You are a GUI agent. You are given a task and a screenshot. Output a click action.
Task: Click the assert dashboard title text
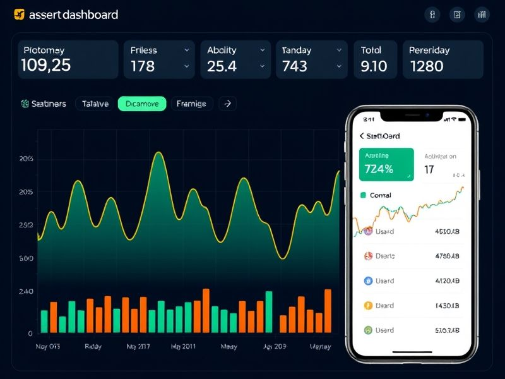tap(73, 15)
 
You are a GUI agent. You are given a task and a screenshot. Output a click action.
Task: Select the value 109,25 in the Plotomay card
tap(45, 65)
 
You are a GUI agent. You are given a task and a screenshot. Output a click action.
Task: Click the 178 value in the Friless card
tap(143, 66)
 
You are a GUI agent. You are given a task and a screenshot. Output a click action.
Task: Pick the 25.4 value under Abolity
tap(222, 66)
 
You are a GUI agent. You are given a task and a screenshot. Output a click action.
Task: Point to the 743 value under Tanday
tap(295, 66)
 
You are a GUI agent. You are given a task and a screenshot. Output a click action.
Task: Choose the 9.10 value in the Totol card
tap(373, 66)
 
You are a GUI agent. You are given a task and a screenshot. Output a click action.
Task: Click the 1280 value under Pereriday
tap(427, 66)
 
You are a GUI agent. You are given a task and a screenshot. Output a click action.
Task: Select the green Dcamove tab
tap(142, 104)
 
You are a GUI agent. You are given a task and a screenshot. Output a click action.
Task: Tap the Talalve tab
tap(95, 104)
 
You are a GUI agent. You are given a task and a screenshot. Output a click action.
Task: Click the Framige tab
tap(191, 104)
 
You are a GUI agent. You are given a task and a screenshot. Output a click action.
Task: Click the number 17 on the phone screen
tap(429, 169)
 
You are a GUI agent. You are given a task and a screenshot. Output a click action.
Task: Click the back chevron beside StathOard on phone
tap(362, 136)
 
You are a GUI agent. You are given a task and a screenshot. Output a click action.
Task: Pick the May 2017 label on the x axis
tap(139, 347)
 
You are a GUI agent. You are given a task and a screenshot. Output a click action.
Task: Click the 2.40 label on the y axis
tap(27, 292)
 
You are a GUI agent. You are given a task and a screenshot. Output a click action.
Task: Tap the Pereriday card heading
tap(429, 50)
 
